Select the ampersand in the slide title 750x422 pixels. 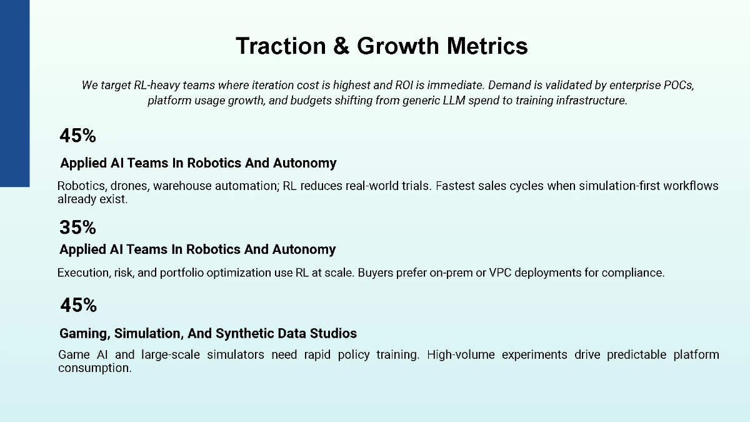[x=341, y=46]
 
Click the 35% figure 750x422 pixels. [x=77, y=227]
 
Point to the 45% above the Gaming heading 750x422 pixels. [x=78, y=306]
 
